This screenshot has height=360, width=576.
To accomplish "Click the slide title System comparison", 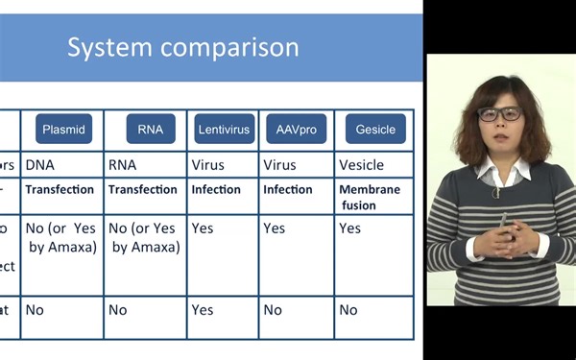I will [182, 47].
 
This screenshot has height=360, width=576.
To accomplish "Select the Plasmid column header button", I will [63, 129].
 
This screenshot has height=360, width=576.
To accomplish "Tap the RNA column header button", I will [151, 129].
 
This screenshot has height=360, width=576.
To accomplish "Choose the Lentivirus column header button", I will [223, 129].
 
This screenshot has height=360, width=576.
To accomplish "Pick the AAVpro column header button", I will [296, 129].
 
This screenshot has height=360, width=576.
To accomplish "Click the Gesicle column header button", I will [374, 129].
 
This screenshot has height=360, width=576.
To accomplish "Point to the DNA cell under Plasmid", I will [40, 165].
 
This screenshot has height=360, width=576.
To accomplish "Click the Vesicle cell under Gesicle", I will [361, 165].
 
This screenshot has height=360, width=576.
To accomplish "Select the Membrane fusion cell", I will [370, 197].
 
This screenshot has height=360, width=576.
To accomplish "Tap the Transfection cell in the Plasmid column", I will [60, 189].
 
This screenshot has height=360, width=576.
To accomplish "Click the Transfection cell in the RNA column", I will [142, 189].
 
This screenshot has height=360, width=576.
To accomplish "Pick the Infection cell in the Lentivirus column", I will [216, 189].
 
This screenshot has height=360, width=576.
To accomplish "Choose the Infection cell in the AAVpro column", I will [288, 189].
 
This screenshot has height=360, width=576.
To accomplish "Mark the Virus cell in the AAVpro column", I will [279, 165].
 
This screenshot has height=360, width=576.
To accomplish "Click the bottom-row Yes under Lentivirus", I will [203, 310].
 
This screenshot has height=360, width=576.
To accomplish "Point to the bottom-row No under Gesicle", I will [348, 310].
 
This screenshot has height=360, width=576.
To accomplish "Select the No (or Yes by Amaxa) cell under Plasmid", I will [61, 237].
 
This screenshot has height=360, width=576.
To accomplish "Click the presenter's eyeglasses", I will [499, 113].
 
